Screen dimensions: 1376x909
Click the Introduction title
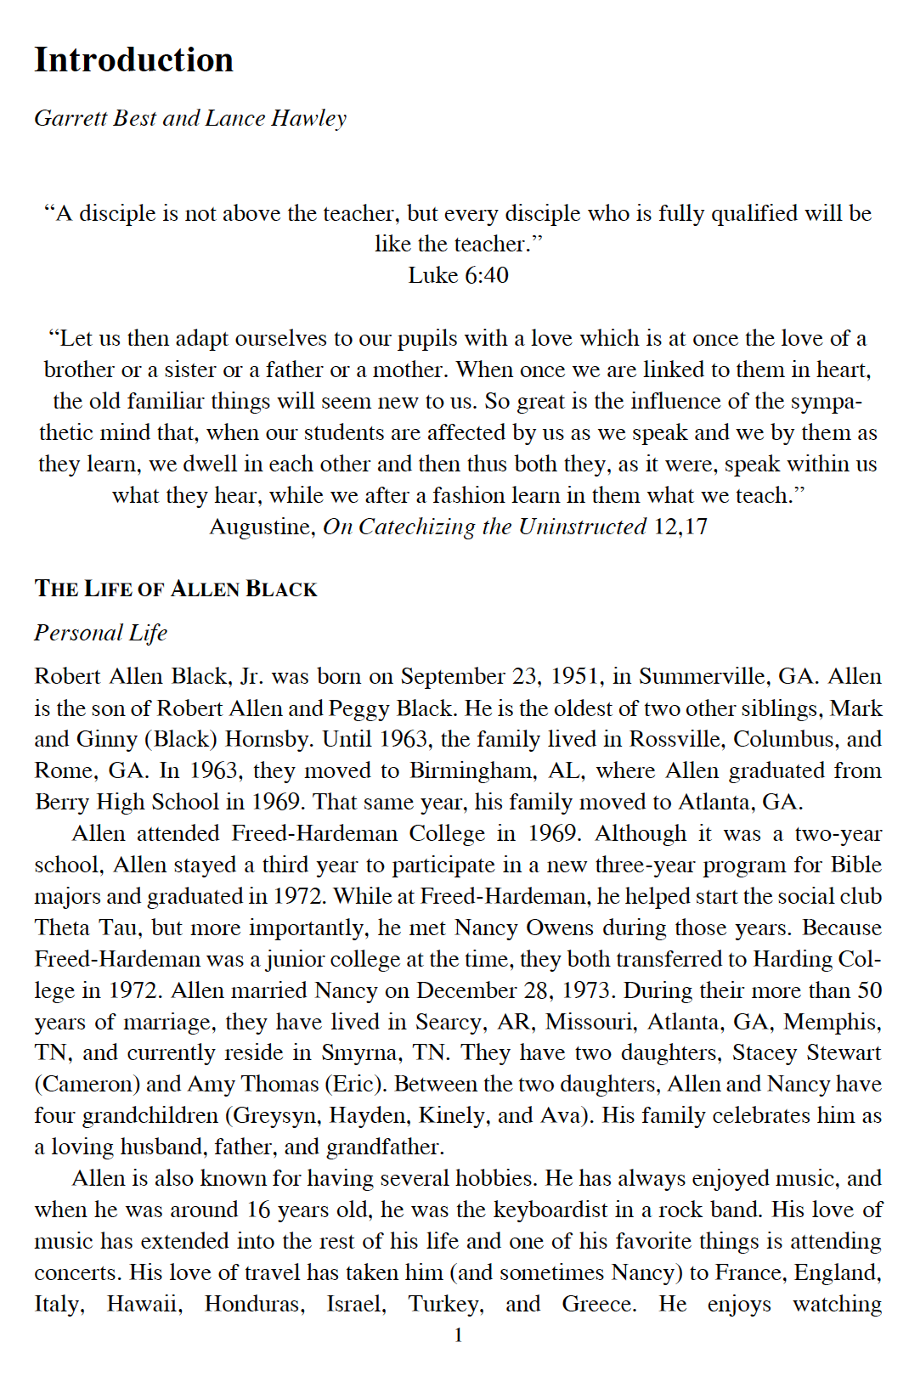click(x=133, y=60)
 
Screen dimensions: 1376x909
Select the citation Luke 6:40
click(x=458, y=275)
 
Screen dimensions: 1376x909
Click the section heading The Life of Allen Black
click(x=176, y=589)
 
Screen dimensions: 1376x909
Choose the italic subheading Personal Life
click(x=100, y=633)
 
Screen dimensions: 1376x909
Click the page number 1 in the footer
click(x=458, y=1335)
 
